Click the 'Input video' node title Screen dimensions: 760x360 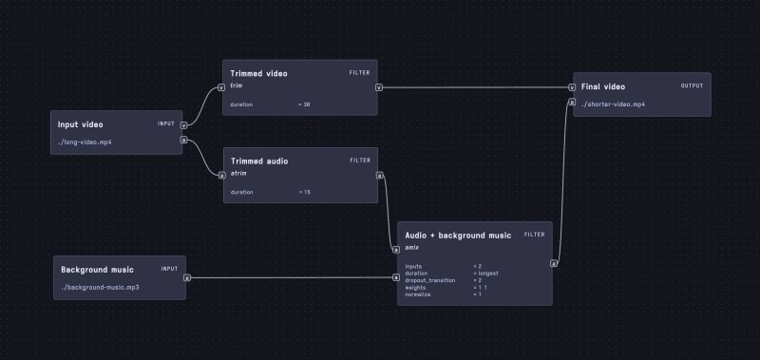pyautogui.click(x=80, y=124)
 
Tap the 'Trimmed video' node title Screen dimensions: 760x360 pyautogui.click(x=258, y=73)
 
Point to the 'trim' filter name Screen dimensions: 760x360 pyautogui.click(x=237, y=85)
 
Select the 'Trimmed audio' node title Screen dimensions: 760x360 pyautogui.click(x=258, y=161)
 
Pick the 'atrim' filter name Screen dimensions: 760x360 pyautogui.click(x=238, y=174)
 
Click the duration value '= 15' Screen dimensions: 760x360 pyautogui.click(x=304, y=192)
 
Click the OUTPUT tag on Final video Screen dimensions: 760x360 pyautogui.click(x=692, y=85)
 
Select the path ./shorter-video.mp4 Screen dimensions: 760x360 pyautogui.click(x=613, y=104)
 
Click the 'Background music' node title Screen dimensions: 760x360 pyautogui.click(x=97, y=269)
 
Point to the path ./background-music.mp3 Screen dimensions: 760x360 pyautogui.click(x=101, y=286)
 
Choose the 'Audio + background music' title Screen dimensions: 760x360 pyautogui.click(x=458, y=235)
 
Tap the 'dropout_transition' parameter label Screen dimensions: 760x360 pyautogui.click(x=429, y=280)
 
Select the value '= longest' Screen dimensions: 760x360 pyautogui.click(x=486, y=274)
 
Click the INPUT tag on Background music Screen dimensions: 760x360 pyautogui.click(x=169, y=269)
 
